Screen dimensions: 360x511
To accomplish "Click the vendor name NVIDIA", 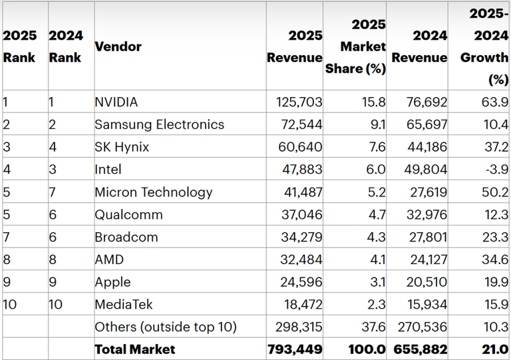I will point(116,102).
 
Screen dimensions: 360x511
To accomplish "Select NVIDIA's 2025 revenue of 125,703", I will point(299,102).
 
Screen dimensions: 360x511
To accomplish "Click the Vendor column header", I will point(118,46).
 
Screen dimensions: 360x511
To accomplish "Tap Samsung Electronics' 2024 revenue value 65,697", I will point(426,124).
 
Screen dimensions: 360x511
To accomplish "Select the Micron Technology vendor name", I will point(154,192).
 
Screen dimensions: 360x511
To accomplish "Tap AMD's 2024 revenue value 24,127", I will point(426,260).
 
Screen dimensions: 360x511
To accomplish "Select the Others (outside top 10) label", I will point(166,327).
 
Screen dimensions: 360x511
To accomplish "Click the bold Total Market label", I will point(135,349).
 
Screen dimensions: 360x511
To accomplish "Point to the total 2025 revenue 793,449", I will point(295,349).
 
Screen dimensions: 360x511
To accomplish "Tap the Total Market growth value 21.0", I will point(496,349).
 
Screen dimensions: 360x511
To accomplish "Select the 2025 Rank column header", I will point(20,46).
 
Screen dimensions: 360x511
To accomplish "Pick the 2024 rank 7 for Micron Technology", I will point(53,192).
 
